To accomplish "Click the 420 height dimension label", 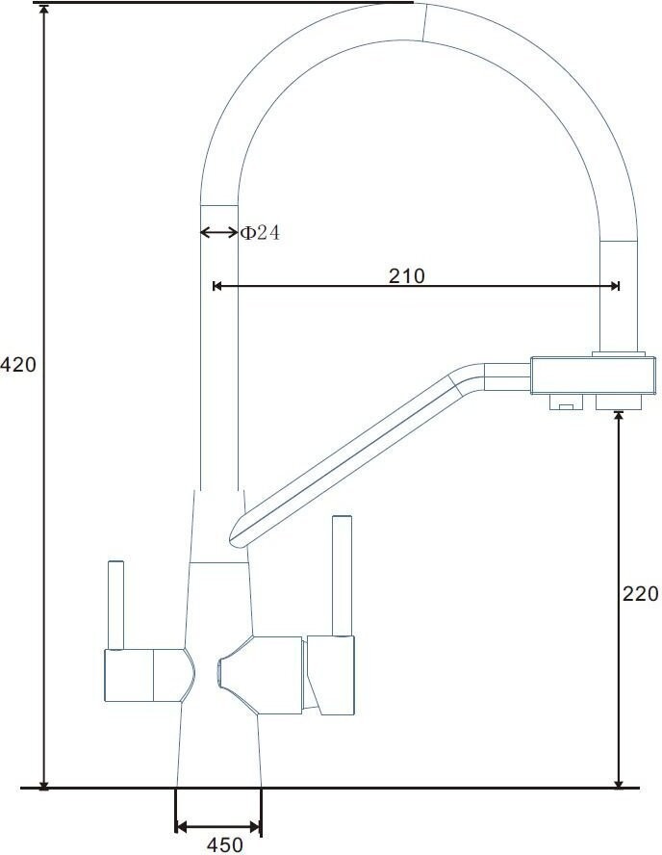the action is [18, 364].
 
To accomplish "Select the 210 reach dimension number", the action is [406, 276].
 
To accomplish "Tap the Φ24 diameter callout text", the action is [261, 233].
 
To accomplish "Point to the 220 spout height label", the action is [640, 594].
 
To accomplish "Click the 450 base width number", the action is [224, 845].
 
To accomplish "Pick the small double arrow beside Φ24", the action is [219, 233].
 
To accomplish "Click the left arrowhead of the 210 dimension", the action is [216, 286].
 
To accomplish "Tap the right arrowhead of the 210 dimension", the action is [615, 286].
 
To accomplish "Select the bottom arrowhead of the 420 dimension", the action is [44, 784].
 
